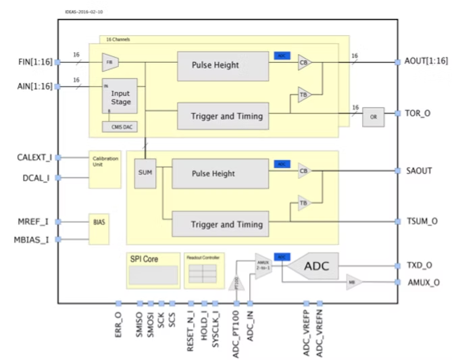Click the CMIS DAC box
(x=120, y=126)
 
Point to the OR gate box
(x=373, y=116)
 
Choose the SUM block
(x=145, y=172)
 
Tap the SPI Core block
(x=153, y=269)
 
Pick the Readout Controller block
(x=203, y=269)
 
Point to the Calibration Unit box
(x=105, y=169)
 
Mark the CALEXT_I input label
(x=34, y=157)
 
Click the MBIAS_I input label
(x=32, y=239)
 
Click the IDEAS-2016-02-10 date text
(x=85, y=12)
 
